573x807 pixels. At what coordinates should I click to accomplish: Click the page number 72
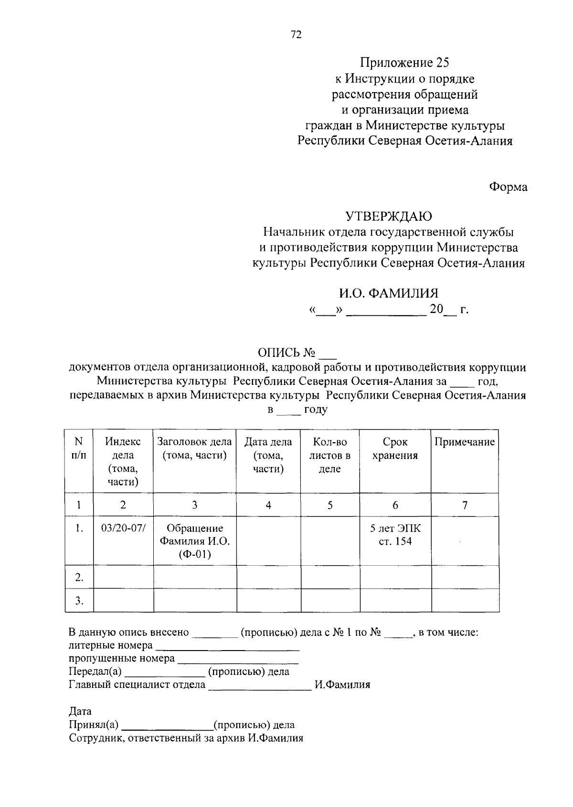pyautogui.click(x=296, y=35)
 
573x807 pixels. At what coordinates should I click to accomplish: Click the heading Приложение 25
pyautogui.click(x=405, y=62)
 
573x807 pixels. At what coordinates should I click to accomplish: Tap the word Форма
pyautogui.click(x=508, y=187)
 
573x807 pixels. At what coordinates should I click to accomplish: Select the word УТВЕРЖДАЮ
pyautogui.click(x=389, y=217)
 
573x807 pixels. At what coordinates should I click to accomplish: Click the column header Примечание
pyautogui.click(x=465, y=442)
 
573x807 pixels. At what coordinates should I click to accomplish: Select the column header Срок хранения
pyautogui.click(x=395, y=449)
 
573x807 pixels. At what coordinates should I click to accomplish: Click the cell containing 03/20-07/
pyautogui.click(x=123, y=528)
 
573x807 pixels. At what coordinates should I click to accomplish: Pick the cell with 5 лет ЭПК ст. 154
pyautogui.click(x=395, y=535)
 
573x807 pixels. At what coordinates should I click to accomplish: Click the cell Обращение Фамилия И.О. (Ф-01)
pyautogui.click(x=195, y=541)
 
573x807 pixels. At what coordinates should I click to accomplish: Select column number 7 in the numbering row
pyautogui.click(x=465, y=505)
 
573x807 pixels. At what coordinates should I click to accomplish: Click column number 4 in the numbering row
pyautogui.click(x=268, y=505)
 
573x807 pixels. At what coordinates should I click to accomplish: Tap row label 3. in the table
pyautogui.click(x=79, y=601)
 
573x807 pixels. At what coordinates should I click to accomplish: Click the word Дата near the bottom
pyautogui.click(x=80, y=712)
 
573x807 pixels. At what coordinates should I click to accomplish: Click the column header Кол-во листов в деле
pyautogui.click(x=330, y=455)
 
